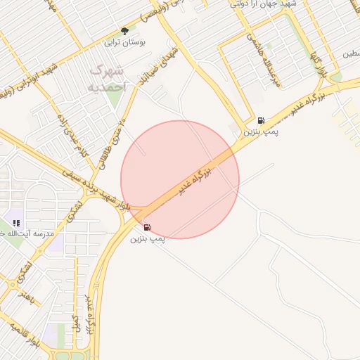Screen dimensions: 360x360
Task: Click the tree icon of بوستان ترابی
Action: pos(125,31)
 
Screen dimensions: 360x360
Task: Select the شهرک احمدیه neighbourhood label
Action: pos(108,79)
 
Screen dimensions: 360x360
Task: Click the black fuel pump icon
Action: pos(261,121)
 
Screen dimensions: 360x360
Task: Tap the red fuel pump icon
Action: pos(146,226)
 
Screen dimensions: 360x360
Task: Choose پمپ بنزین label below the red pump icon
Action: pos(147,238)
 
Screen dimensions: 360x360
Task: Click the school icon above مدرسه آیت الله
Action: pos(16,223)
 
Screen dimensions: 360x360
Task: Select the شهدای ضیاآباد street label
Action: pos(169,63)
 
